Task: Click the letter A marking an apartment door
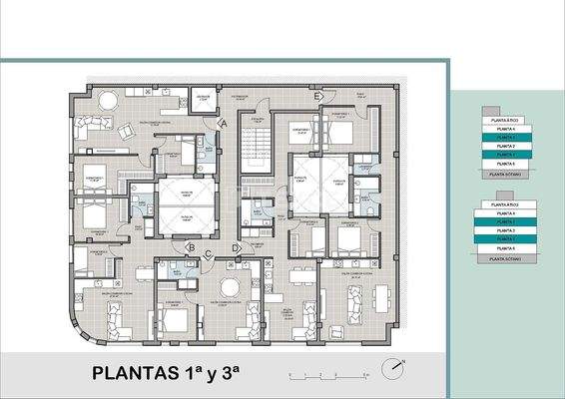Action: point(225,122)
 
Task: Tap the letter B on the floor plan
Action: point(190,247)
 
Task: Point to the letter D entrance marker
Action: point(236,247)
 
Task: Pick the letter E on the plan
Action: point(316,97)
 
